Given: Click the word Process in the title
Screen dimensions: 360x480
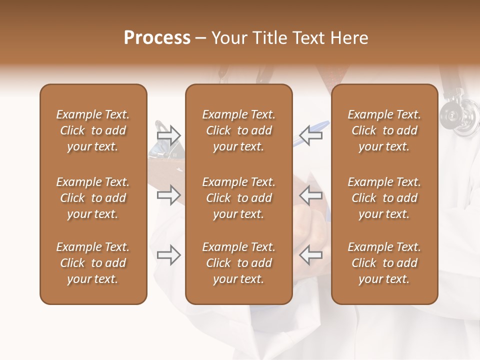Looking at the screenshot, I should (x=157, y=38).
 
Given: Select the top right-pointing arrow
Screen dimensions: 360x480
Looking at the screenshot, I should (x=168, y=135).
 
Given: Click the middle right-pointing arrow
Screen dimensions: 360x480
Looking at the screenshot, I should (x=168, y=195).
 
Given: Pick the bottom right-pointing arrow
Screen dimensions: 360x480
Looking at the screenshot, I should (x=168, y=255).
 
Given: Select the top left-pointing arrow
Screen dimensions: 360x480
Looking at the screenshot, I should (x=311, y=135).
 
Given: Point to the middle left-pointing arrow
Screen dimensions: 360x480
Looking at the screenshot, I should (x=311, y=195).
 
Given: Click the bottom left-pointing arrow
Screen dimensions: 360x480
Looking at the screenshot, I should (x=311, y=255).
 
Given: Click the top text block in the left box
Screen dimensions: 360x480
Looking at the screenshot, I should (x=93, y=130).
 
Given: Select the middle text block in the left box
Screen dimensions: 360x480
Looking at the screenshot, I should (x=93, y=198).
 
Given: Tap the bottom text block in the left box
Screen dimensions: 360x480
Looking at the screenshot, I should (x=93, y=263).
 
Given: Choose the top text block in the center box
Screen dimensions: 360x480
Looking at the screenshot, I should (x=238, y=130).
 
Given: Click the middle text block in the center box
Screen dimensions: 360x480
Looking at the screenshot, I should (x=238, y=198).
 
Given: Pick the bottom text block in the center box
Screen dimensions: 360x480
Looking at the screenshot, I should (x=238, y=263).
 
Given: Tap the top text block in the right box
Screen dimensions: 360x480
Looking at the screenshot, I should (x=384, y=130).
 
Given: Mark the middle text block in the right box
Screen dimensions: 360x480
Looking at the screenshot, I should (x=384, y=198).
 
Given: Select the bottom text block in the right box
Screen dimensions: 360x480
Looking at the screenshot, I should (x=384, y=263).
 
